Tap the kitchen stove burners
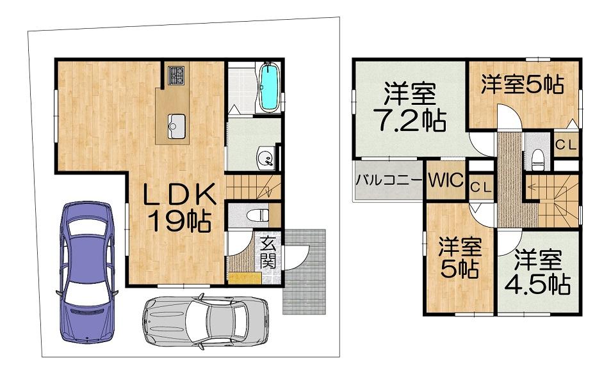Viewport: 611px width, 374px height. (177, 75)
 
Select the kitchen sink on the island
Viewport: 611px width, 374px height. (177, 126)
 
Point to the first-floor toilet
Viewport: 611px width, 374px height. (257, 215)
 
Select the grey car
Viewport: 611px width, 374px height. (206, 321)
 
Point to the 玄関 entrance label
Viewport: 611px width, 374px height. (268, 253)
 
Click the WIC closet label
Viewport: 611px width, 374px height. (446, 180)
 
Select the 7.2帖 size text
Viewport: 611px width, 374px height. (409, 121)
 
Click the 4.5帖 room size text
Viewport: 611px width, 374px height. (538, 285)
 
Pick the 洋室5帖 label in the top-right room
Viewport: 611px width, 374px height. (522, 84)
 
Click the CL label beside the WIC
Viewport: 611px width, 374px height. (481, 187)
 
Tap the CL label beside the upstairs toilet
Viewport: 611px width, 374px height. (566, 145)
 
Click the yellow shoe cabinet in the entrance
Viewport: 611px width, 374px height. (245, 278)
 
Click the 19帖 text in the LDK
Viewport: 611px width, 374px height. (179, 221)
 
